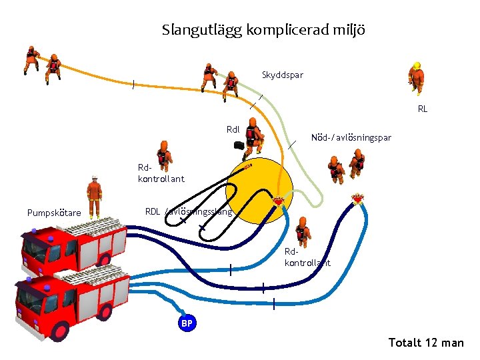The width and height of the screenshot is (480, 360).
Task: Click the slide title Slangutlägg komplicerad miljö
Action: pyautogui.click(x=263, y=30)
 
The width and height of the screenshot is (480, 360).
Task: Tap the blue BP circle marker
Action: pyautogui.click(x=187, y=323)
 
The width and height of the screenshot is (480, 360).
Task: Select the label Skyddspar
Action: pyautogui.click(x=282, y=75)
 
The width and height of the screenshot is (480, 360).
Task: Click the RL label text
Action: pyautogui.click(x=422, y=109)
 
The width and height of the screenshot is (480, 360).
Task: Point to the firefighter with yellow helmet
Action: pyautogui.click(x=417, y=77)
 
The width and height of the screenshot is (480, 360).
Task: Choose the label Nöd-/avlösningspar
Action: pyautogui.click(x=351, y=138)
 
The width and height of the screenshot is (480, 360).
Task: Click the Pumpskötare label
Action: pyautogui.click(x=54, y=213)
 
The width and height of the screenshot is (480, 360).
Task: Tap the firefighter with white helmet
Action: pyautogui.click(x=95, y=196)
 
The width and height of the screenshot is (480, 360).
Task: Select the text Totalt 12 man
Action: pyautogui.click(x=425, y=343)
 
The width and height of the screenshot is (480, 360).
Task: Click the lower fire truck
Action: pyautogui.click(x=70, y=300)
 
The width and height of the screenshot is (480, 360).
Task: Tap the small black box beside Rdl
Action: pyautogui.click(x=238, y=145)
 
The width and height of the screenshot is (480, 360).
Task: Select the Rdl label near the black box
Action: pyautogui.click(x=233, y=129)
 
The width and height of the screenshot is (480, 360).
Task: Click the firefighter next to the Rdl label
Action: pyautogui.click(x=253, y=137)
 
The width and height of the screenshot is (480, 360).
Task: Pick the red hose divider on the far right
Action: pyautogui.click(x=358, y=199)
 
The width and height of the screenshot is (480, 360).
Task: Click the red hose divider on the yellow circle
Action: pyautogui.click(x=279, y=201)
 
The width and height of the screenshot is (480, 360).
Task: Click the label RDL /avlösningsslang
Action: pyautogui.click(x=189, y=212)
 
